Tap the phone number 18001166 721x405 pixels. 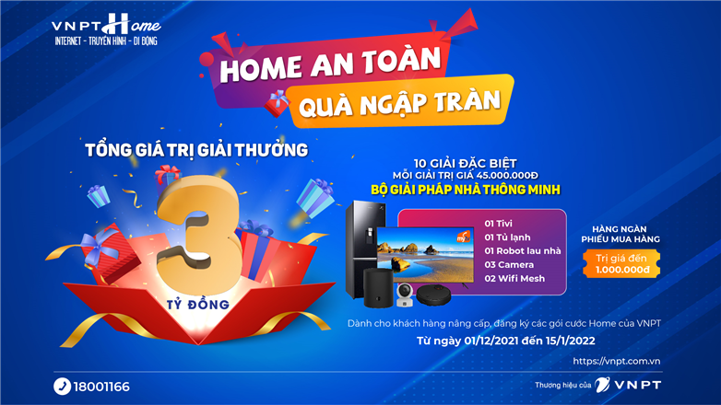(x=103, y=387)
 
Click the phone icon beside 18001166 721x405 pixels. (x=62, y=387)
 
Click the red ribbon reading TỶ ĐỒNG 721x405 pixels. (x=199, y=301)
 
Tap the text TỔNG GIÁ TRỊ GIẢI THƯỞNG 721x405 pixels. (x=195, y=149)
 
